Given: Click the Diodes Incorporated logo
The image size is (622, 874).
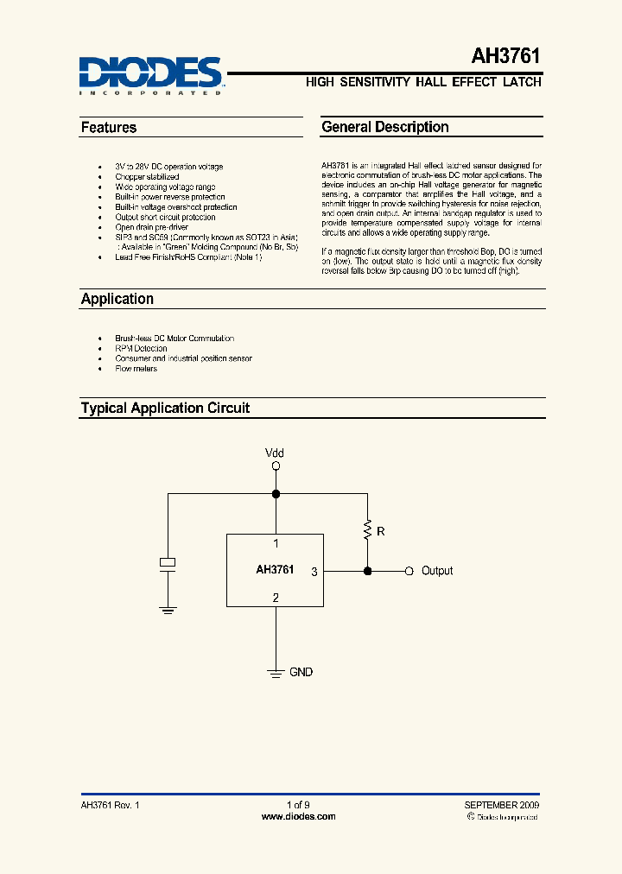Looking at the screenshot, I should click(x=151, y=75).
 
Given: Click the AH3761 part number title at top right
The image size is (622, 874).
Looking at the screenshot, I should click(x=506, y=57).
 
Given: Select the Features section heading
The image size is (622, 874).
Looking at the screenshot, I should click(x=109, y=128).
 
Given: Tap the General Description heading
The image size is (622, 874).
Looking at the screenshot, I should click(x=385, y=127).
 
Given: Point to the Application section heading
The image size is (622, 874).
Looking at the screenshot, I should click(x=117, y=299).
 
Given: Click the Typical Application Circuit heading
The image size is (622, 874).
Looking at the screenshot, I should click(x=165, y=408).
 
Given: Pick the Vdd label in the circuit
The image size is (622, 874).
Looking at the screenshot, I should click(x=275, y=453).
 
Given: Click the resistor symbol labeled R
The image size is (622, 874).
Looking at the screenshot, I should click(x=368, y=529).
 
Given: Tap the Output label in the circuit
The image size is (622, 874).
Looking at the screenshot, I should click(x=437, y=571).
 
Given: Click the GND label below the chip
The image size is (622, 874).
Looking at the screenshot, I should click(x=301, y=672).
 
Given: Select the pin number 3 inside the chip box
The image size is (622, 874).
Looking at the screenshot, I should click(x=314, y=571).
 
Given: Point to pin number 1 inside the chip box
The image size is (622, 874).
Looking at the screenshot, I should click(x=276, y=544).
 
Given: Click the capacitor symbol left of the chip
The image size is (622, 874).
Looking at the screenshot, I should click(x=168, y=563).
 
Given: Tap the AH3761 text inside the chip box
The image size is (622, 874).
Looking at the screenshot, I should click(x=275, y=570).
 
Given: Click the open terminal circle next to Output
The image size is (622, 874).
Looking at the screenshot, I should click(x=409, y=571).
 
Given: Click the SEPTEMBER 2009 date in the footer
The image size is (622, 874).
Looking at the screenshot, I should click(x=502, y=805).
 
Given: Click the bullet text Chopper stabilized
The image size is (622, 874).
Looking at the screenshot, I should click(x=147, y=177).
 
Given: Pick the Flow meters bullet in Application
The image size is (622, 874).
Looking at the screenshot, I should click(x=136, y=369).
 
